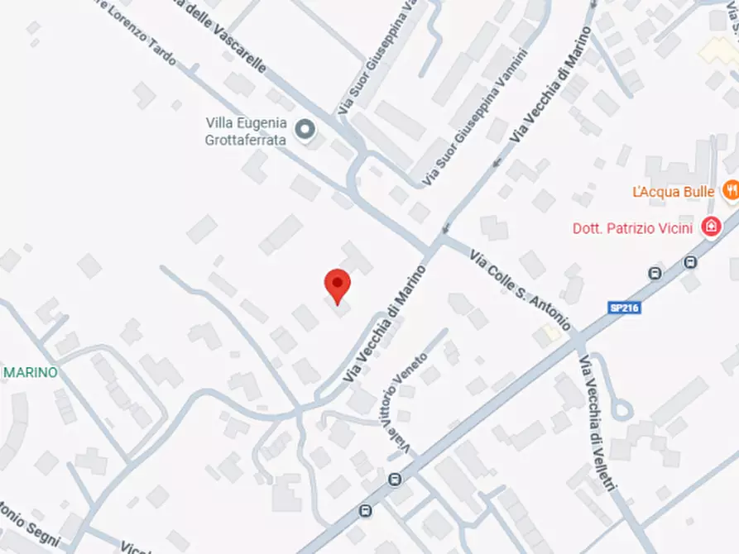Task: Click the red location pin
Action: (337, 285)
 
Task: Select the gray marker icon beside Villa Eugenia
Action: (306, 129)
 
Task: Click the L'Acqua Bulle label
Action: (673, 192)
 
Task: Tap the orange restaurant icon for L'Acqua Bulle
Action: (731, 191)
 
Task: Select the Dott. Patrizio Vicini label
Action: (632, 227)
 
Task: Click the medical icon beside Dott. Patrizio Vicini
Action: (710, 227)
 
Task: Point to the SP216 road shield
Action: (625, 308)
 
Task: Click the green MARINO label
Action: (31, 373)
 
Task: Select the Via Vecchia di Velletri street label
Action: (599, 425)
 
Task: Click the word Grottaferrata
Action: (246, 140)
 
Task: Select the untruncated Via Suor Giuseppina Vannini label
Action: (475, 117)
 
